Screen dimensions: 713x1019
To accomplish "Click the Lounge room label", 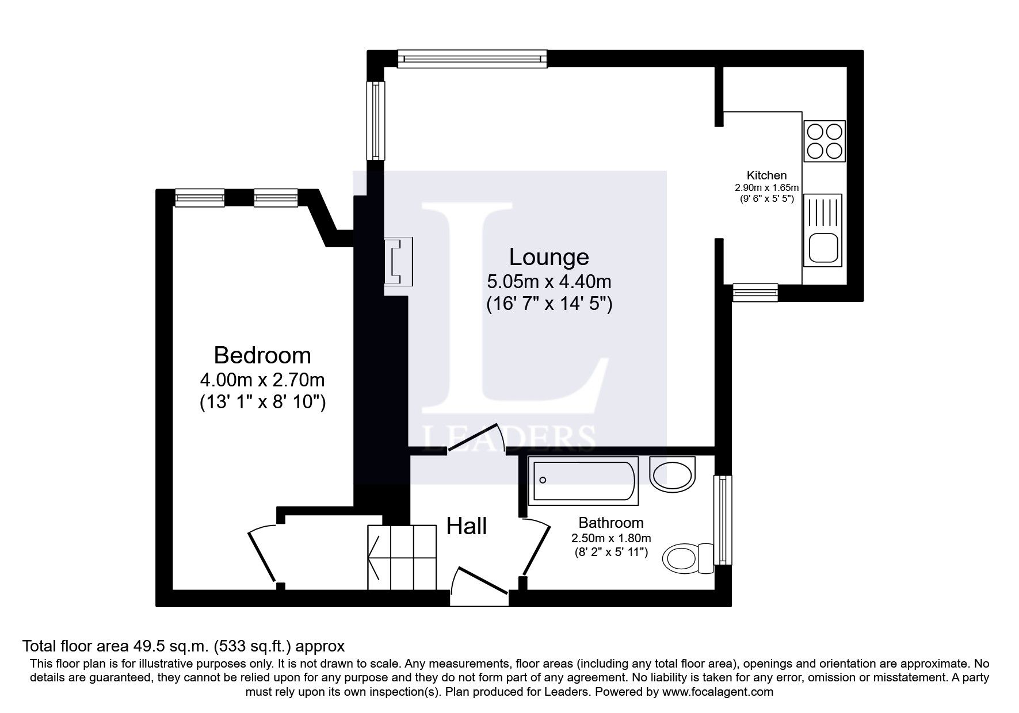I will pos(549,257).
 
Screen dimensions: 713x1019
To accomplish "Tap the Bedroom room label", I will pos(262,355).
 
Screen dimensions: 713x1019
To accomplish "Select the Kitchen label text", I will pos(766,175).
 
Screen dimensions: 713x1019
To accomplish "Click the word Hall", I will pos(467,526).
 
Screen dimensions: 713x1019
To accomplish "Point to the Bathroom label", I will pos(610,523).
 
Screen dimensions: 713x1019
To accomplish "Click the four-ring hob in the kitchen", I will pos(825,141).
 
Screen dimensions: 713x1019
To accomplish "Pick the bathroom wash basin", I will pos(672,474).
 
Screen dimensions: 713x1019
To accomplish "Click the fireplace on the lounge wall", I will pos(398,262).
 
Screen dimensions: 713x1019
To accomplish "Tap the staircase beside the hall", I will pos(402,557).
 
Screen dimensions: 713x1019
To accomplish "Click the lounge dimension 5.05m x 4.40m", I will pos(549,282).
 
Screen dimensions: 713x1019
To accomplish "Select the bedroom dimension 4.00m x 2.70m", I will pos(262,380).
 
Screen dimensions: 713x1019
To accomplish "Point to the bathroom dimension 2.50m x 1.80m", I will pos(610,539).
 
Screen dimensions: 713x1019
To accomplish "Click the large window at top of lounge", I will pos(472,59).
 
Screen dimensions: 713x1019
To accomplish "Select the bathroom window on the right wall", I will pos(723,520).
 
